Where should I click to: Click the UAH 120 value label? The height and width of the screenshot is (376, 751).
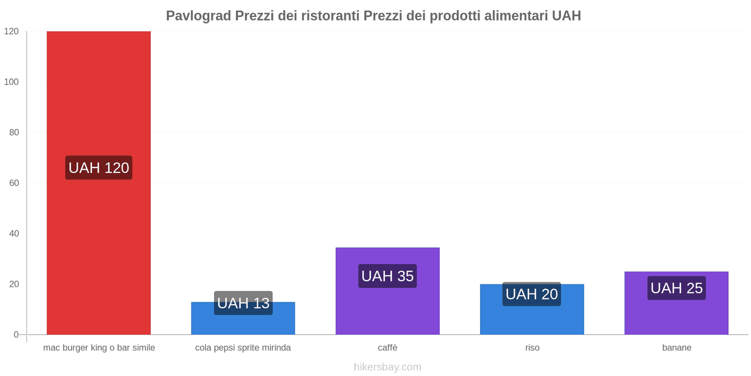(x=99, y=168)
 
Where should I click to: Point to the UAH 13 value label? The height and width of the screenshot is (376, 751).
(x=243, y=303)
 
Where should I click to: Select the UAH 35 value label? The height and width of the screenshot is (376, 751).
(x=387, y=276)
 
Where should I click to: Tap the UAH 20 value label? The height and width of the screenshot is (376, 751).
(x=531, y=294)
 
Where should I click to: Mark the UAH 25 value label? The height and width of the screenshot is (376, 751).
(x=676, y=288)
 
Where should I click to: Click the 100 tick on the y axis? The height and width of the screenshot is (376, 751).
(x=11, y=82)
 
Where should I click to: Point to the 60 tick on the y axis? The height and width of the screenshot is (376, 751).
(x=14, y=183)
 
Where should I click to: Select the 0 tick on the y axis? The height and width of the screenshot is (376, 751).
(x=16, y=335)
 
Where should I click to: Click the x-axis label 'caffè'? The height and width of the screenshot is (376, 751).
(x=387, y=348)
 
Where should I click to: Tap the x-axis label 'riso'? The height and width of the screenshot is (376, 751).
(x=532, y=348)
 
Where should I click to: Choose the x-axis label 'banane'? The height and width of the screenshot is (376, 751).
(x=676, y=348)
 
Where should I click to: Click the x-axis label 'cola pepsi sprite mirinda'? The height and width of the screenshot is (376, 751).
(x=243, y=348)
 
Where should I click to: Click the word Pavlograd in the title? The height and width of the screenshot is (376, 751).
(x=199, y=16)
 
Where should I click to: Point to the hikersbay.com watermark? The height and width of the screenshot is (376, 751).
(x=387, y=367)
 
